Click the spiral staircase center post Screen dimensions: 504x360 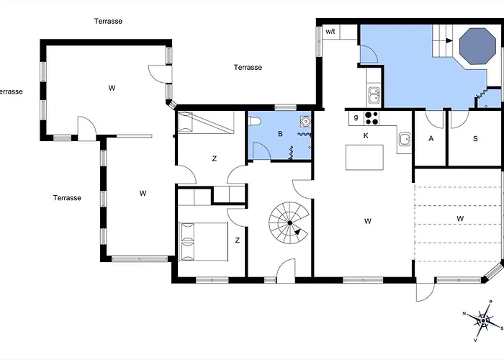(x=290, y=222)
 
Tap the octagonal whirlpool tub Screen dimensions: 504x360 (x=477, y=46)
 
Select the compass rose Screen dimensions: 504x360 (x=483, y=321)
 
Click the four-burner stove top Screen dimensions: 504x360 (x=372, y=117)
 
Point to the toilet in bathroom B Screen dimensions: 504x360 (x=255, y=121)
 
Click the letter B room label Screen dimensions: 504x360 (x=280, y=134)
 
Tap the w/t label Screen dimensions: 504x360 (x=330, y=32)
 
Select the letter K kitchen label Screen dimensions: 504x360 (x=366, y=135)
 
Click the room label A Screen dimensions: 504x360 (x=431, y=138)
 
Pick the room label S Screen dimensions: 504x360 (x=475, y=138)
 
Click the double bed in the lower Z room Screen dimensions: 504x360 (x=203, y=241)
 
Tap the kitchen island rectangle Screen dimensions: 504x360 (x=364, y=157)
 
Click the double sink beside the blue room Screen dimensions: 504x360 (x=374, y=95)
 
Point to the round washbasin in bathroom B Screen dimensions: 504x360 (x=305, y=121)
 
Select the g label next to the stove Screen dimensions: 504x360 (x=356, y=117)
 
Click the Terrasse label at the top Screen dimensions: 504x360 (x=108, y=21)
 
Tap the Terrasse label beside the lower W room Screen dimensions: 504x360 (x=67, y=198)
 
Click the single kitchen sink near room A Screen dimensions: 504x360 (x=405, y=140)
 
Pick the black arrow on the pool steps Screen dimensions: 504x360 (x=449, y=40)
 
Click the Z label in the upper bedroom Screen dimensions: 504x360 (x=215, y=158)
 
